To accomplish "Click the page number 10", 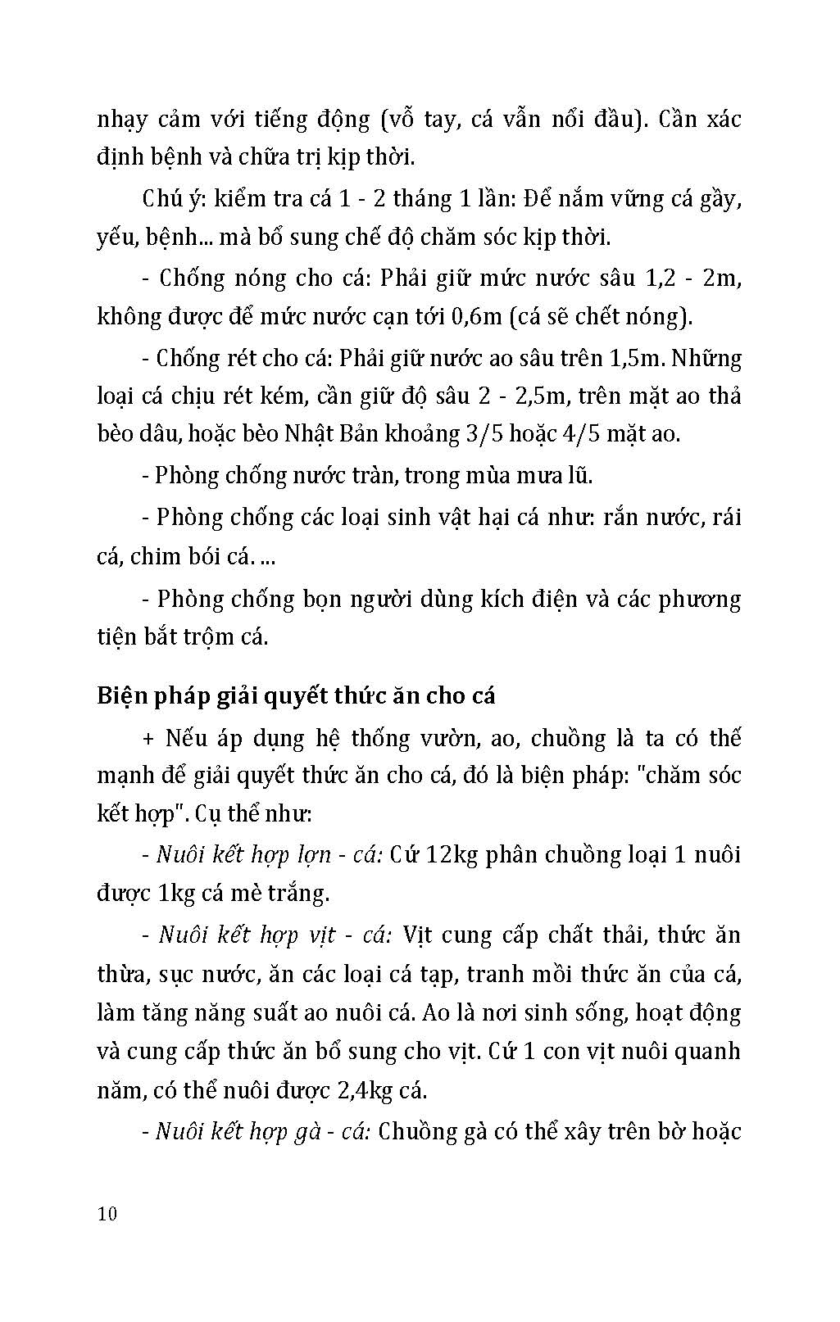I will [x=107, y=1213].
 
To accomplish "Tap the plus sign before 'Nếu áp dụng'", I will [x=148, y=739].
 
